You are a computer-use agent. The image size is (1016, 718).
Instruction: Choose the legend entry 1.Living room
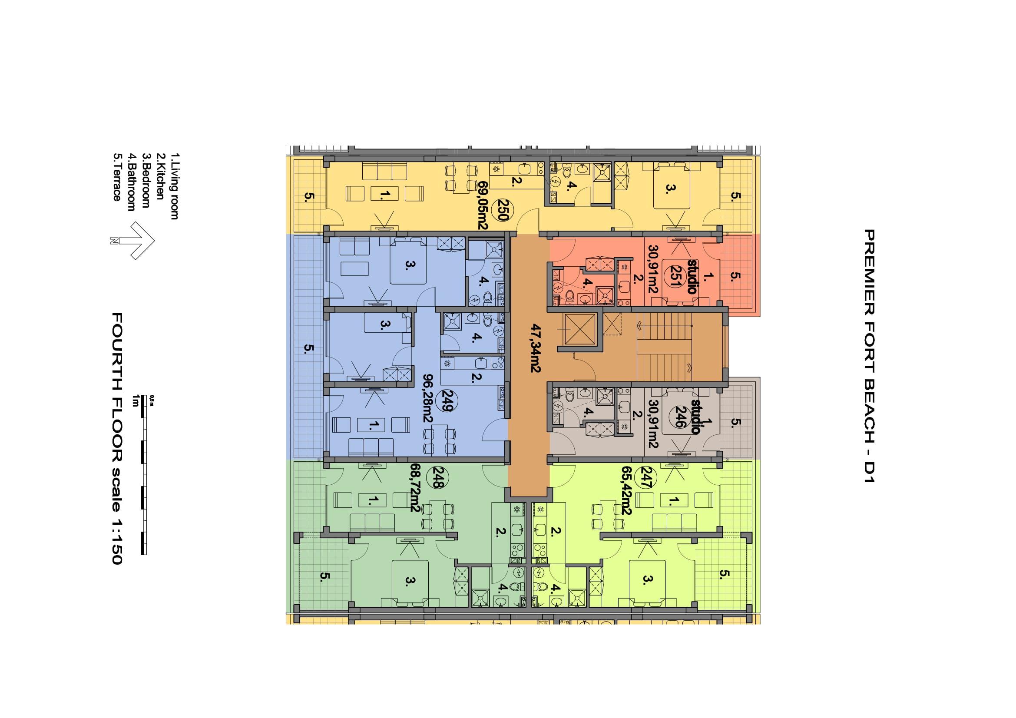174,186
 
